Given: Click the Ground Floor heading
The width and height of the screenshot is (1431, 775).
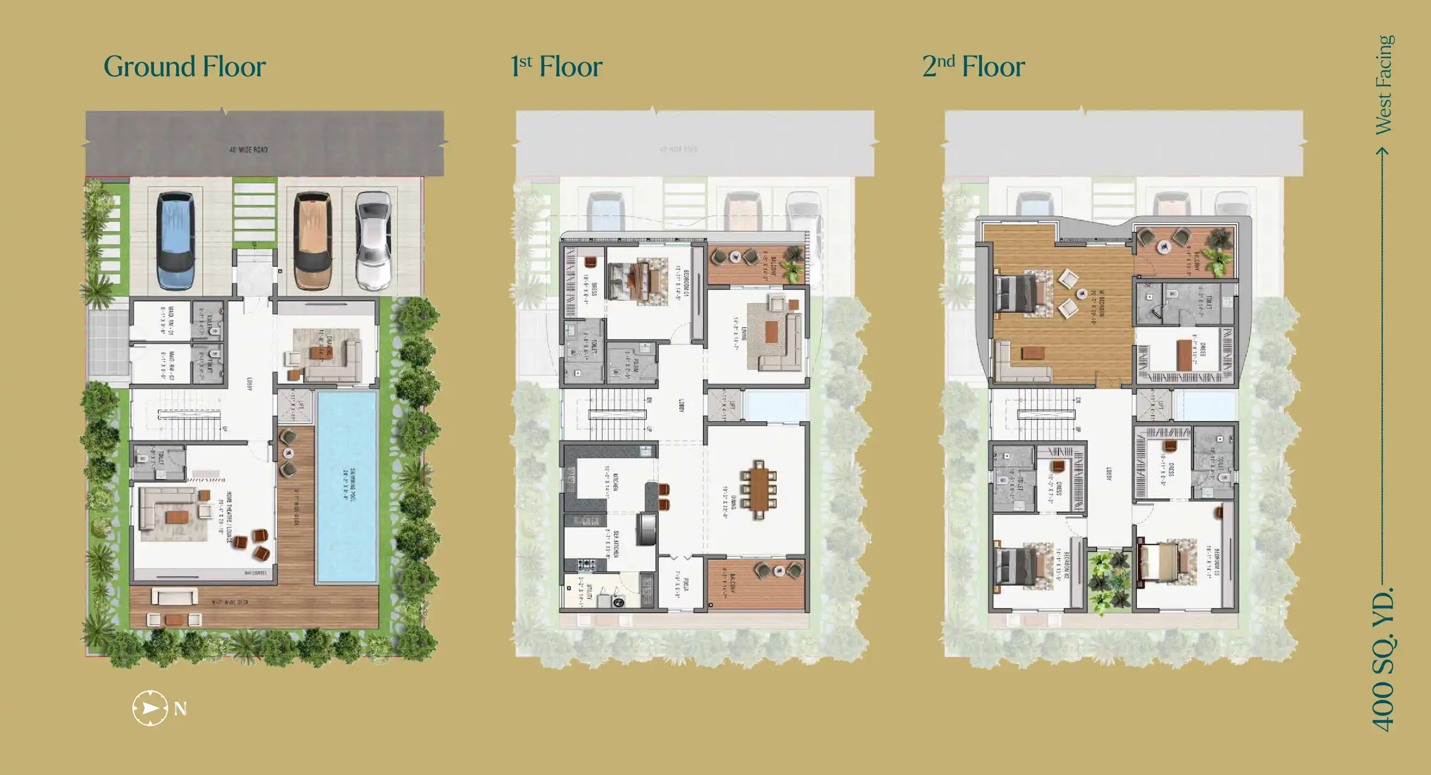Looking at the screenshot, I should [x=184, y=67].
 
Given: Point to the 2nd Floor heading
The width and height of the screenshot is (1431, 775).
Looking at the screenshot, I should [x=973, y=67].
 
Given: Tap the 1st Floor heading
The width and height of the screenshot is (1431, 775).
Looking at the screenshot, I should [x=556, y=67].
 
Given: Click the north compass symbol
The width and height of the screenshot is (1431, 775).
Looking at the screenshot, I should [x=150, y=708].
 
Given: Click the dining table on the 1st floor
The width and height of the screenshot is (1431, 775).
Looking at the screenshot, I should [x=757, y=489].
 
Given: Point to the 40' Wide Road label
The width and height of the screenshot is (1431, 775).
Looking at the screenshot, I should [x=248, y=150].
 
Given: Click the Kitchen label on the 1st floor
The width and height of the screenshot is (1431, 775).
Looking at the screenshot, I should [x=611, y=481].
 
